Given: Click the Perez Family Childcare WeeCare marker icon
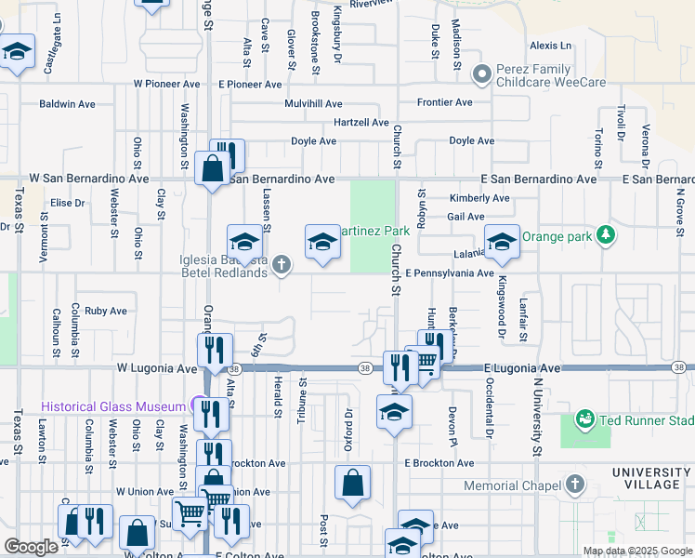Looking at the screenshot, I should [x=481, y=73].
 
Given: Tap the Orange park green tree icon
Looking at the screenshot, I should [x=606, y=232].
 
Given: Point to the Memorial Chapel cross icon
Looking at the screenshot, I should [x=575, y=485].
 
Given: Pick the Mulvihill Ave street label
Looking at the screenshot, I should [x=314, y=104].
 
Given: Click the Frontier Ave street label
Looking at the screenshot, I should [x=444, y=102].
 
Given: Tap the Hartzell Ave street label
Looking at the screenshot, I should [x=361, y=123].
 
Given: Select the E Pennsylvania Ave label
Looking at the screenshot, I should [x=450, y=273].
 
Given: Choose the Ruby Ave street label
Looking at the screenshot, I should [x=105, y=312].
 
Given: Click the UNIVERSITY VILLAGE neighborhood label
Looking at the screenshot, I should [x=652, y=480].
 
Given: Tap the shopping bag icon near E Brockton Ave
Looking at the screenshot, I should [x=353, y=483].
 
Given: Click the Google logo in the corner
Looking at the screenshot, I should [x=31, y=547].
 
